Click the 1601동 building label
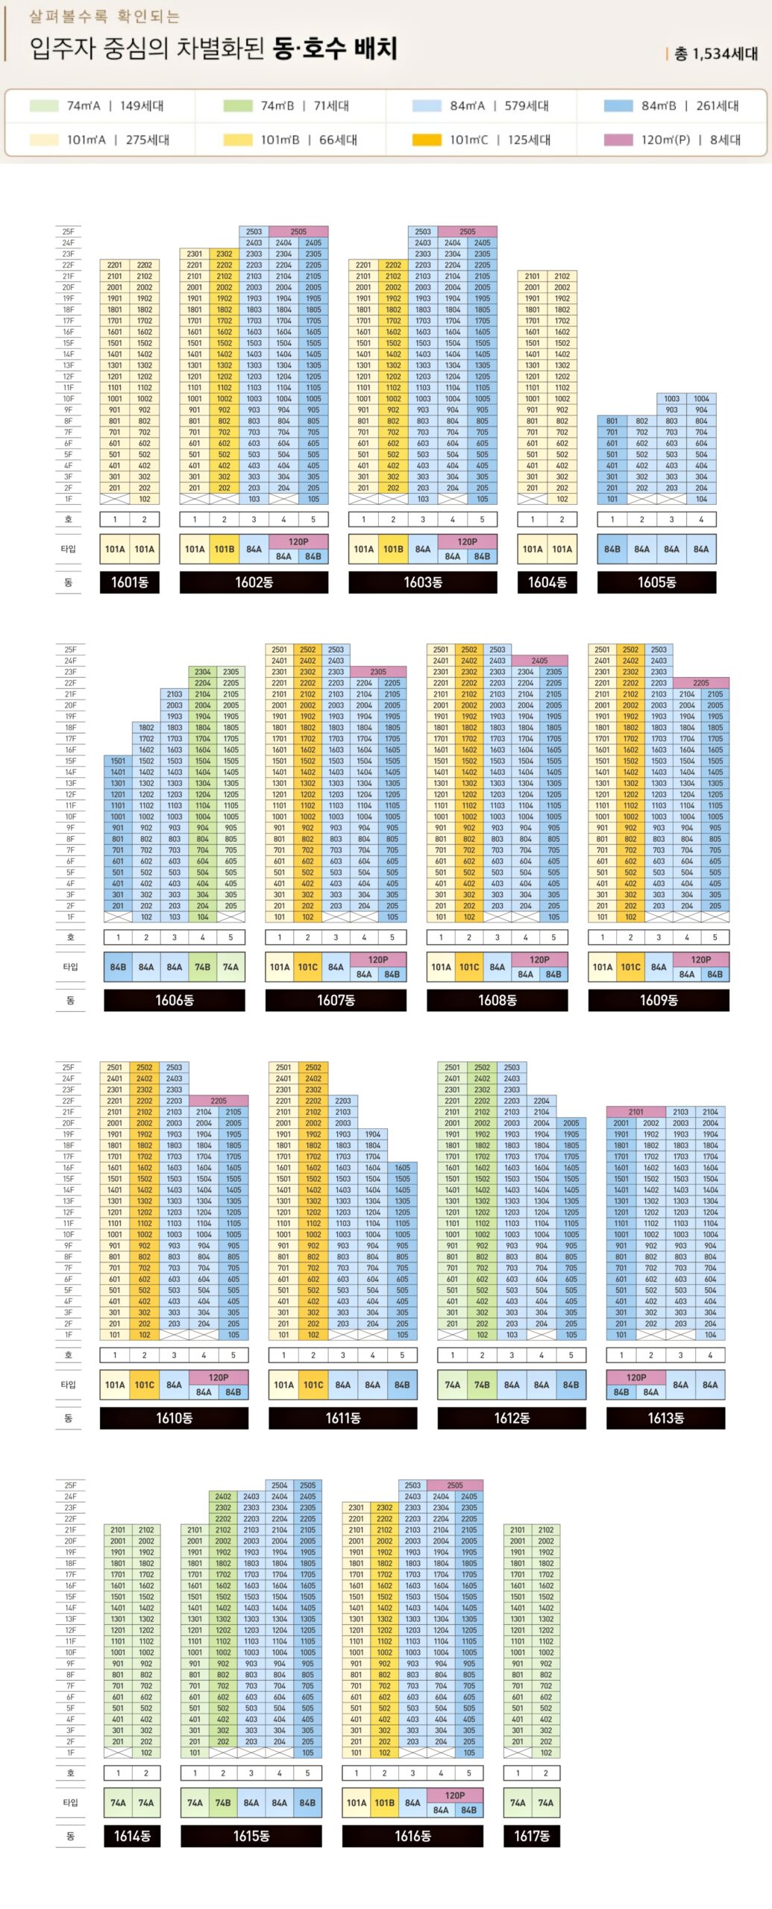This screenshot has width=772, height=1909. [130, 582]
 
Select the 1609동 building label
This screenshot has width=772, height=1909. [659, 1000]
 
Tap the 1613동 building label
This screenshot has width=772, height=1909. [665, 1418]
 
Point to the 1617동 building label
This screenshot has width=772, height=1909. [532, 1836]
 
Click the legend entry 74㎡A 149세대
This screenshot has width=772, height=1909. [97, 106]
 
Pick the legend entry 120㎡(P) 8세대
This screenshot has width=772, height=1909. [671, 139]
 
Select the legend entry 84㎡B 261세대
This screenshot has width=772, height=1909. [671, 106]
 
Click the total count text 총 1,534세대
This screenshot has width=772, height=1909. [716, 54]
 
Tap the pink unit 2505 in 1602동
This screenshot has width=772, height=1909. [298, 232]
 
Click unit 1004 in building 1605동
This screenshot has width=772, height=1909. [701, 399]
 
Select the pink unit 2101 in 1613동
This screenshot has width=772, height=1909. [636, 1112]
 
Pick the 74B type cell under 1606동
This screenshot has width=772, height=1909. [203, 967]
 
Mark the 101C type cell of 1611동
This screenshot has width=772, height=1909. [313, 1385]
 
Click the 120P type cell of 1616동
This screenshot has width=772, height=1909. [455, 1795]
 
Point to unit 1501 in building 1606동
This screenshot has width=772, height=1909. [118, 761]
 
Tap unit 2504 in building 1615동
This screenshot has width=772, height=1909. [280, 1485]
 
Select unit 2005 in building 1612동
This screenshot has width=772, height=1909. [571, 1123]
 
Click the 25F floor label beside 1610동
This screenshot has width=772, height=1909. [69, 1068]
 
